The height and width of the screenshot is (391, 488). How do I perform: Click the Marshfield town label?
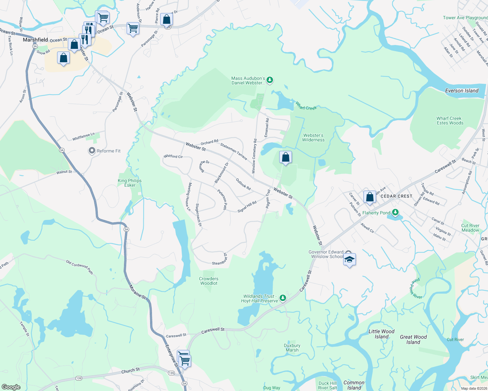[x=35, y=40]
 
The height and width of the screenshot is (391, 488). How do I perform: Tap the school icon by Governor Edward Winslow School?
[x=349, y=260]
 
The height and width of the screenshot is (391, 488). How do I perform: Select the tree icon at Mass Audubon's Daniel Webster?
[x=269, y=80]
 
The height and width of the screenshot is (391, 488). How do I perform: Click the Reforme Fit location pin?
[x=92, y=151]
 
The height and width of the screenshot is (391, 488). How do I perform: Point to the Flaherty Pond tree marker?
[x=395, y=212]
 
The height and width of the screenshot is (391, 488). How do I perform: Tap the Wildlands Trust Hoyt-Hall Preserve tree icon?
[x=283, y=298]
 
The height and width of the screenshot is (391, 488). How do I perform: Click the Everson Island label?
[x=462, y=91]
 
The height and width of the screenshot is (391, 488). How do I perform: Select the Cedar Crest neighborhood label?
[x=396, y=196]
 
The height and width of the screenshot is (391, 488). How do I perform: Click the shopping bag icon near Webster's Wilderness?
[x=285, y=157]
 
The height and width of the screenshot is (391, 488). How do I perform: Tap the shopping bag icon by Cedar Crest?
[x=370, y=197]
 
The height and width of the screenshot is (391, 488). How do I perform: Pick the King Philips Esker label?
[x=130, y=183]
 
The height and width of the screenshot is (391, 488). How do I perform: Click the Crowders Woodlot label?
[x=209, y=281]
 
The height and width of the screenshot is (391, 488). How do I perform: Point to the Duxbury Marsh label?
[x=292, y=348]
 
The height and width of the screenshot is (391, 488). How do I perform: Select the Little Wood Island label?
[x=381, y=334]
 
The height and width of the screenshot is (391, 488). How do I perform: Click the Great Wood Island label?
[x=413, y=340]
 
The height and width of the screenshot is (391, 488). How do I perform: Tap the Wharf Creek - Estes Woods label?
[x=449, y=121]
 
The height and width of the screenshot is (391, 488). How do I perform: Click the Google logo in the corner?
[x=11, y=387]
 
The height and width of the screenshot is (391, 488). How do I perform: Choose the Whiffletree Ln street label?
[x=84, y=137]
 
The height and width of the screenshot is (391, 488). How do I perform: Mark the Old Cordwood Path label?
[x=79, y=267]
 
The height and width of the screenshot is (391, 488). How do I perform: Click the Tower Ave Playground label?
[x=465, y=18]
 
